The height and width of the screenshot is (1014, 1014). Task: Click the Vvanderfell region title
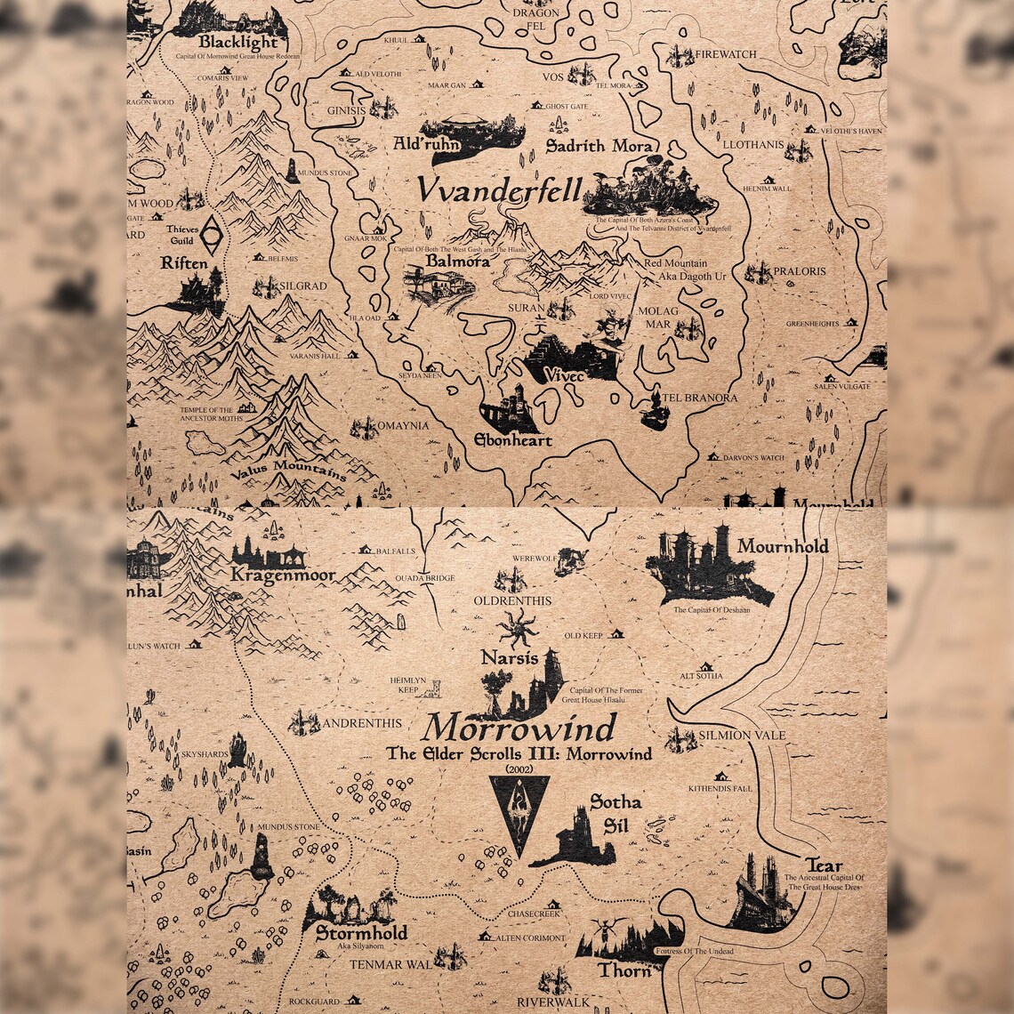[x=500, y=190]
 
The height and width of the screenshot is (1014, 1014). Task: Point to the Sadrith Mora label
[x=600, y=146]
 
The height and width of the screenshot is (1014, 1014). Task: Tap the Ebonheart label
[x=512, y=440]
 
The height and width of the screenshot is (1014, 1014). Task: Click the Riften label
[x=184, y=263]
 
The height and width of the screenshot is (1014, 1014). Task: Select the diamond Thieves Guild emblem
[x=211, y=234]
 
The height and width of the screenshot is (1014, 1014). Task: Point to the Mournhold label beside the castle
[x=782, y=546]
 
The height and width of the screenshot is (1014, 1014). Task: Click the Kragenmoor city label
[x=283, y=575]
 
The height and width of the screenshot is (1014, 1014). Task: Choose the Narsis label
[x=509, y=658]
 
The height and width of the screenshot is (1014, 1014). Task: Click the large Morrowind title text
[x=519, y=728]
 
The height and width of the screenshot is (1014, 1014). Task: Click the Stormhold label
[x=361, y=933]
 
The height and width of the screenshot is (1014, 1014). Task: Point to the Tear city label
[x=823, y=865]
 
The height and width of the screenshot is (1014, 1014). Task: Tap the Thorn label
[x=625, y=970]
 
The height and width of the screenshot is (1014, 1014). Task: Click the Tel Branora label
[x=699, y=398]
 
